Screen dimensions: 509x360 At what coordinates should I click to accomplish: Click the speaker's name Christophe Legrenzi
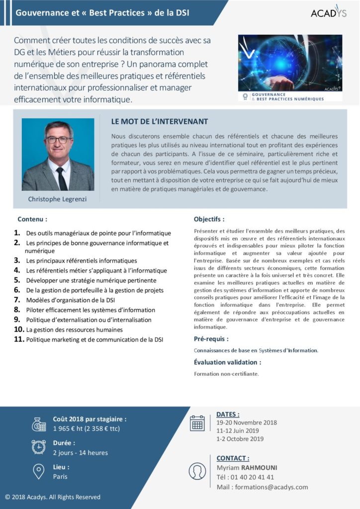58,199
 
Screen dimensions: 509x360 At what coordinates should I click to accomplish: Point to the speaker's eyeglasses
58,140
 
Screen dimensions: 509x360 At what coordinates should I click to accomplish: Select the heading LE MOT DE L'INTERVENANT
160,121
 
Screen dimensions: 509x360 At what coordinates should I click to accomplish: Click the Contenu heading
32,219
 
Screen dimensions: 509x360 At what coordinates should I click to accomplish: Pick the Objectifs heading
209,219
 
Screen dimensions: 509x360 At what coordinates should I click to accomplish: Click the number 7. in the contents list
17,300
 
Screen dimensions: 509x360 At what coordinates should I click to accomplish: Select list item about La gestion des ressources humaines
74,330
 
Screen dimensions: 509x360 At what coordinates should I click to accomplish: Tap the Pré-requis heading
211,339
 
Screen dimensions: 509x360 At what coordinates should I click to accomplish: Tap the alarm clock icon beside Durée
38,447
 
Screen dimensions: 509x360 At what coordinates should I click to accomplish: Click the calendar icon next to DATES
197,423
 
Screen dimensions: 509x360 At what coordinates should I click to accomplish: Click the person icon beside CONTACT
197,471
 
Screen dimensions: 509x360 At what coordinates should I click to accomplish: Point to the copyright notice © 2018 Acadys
53,497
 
